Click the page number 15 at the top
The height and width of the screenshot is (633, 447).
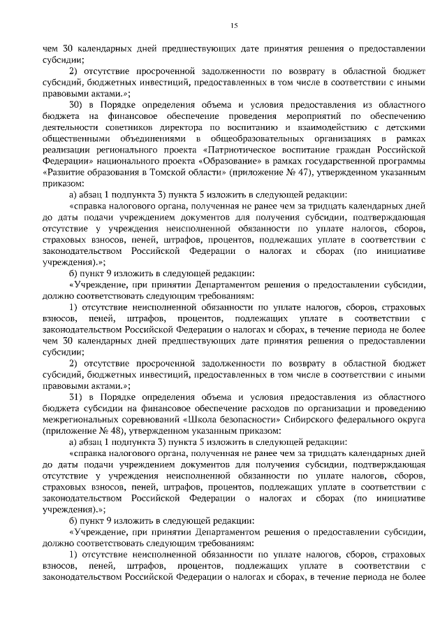tap(233, 26)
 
